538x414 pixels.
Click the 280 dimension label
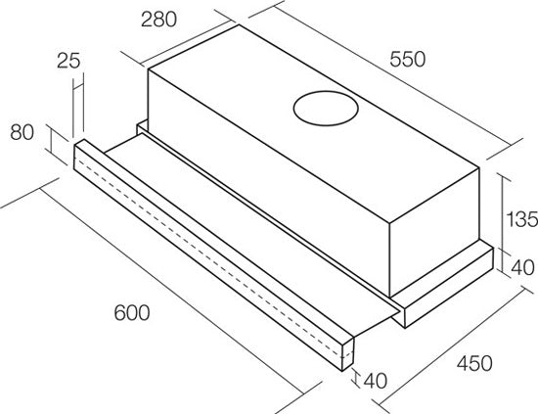pos(158,20)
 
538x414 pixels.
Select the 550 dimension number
pos(407,59)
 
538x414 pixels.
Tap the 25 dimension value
pos(68,61)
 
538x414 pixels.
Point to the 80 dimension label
pos(22,132)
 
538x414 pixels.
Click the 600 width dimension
pos(132,313)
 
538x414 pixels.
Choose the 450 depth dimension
pos(474,363)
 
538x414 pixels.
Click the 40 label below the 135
pos(523,267)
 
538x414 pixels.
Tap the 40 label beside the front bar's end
pos(376,380)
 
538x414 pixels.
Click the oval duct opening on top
pos(326,108)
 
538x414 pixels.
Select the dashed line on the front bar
pos(212,256)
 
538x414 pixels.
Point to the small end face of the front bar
pos(348,353)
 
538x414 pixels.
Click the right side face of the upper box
pos(434,233)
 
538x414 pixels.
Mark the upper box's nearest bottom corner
pos(389,298)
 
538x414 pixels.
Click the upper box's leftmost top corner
pos(149,69)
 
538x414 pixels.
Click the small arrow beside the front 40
pos(356,379)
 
